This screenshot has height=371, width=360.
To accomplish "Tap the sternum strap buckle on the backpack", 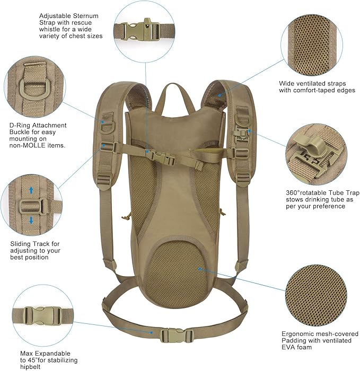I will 162,156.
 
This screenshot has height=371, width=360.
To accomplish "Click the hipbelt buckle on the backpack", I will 170,335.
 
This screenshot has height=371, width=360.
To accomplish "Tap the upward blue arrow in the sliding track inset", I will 31,189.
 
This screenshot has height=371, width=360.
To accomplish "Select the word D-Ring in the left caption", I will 20,126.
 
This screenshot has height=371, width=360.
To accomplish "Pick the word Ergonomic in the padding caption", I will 299,334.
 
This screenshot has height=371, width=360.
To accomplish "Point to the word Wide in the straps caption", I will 287,83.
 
